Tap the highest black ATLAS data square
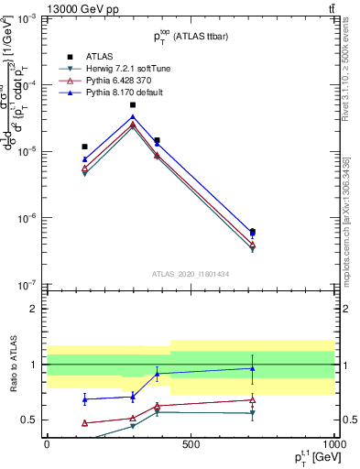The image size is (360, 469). coord(133,105)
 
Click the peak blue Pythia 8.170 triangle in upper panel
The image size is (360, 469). coord(133,117)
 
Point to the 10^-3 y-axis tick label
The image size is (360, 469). coord(27,18)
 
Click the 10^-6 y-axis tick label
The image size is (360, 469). coord(27,218)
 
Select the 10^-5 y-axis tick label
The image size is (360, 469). coord(27,151)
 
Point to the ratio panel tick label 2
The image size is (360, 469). coord(33,309)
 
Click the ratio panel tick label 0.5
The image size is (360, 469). coord(29,420)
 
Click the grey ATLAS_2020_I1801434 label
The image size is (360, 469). coord(191,275)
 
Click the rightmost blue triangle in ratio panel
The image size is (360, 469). coord(253,368)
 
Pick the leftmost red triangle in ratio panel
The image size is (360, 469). coord(85,423)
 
